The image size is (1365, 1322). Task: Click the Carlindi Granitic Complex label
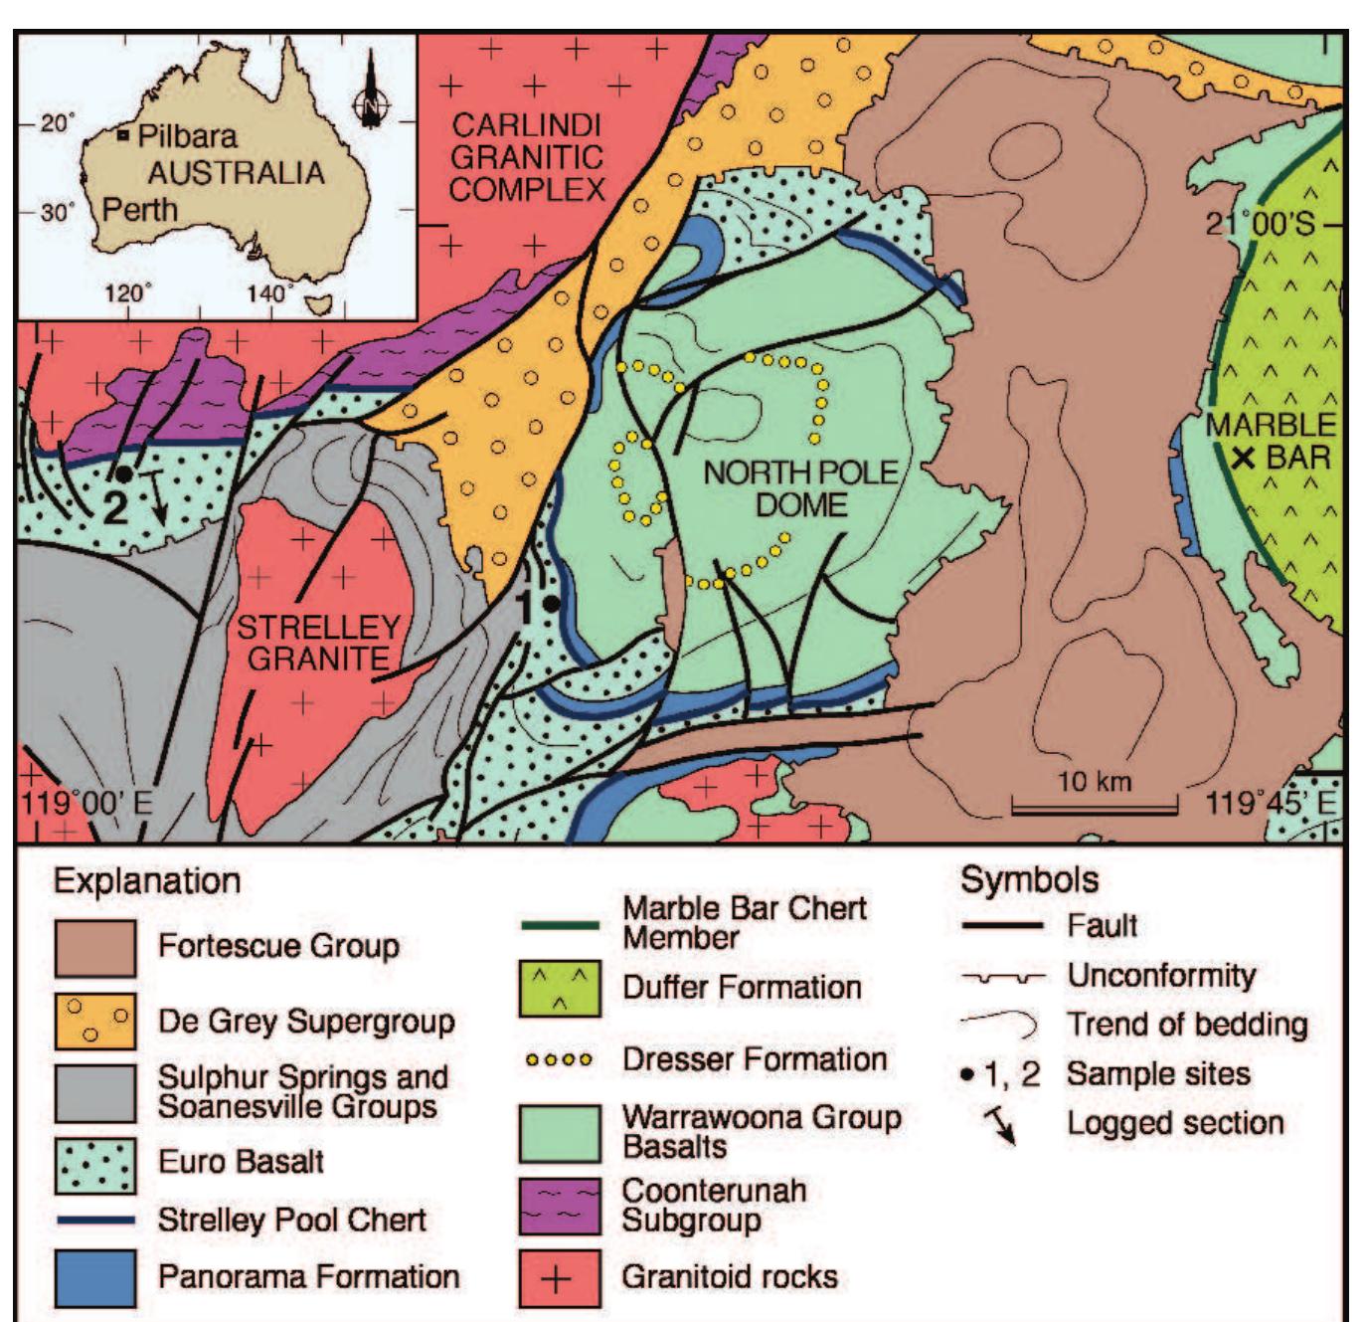[x=527, y=157]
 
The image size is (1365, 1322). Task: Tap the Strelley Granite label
[x=318, y=643]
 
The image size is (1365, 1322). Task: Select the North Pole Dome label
[x=800, y=488]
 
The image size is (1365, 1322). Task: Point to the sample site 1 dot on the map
[x=551, y=603]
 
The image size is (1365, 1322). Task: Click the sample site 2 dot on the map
[x=123, y=474]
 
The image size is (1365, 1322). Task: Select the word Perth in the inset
[x=140, y=211]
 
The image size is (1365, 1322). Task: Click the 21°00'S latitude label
[x=1260, y=224]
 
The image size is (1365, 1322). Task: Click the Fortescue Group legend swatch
[x=95, y=948]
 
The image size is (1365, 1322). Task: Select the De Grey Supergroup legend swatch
[x=95, y=1022]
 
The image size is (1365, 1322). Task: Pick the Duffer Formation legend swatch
[x=560, y=989]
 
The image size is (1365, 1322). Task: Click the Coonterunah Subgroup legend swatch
[x=560, y=1206]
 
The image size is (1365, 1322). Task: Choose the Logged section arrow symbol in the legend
[x=1000, y=1125]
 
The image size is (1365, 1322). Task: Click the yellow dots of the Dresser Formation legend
[x=560, y=1060]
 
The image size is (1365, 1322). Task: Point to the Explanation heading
[x=147, y=881]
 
